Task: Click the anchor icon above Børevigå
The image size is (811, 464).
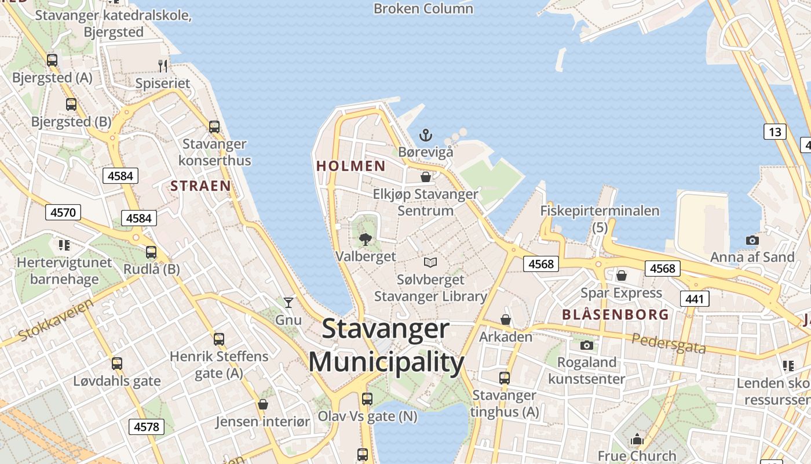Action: coord(426,135)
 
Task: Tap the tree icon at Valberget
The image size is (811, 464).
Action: coord(365,239)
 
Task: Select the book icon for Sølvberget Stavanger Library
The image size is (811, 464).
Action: coord(430,262)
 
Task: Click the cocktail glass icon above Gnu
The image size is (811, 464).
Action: coord(288,302)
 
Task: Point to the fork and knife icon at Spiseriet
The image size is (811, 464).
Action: coord(163,66)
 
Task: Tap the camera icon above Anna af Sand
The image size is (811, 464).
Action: coord(752,240)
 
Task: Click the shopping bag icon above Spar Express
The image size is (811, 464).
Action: coord(622,275)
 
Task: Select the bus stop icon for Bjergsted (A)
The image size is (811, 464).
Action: coord(52,60)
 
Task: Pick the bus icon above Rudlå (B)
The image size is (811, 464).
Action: coord(151,252)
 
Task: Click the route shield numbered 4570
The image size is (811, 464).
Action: coord(63,212)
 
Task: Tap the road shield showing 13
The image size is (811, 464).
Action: coord(775,132)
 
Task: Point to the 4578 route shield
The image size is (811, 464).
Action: coord(146,427)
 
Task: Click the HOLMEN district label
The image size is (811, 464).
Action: coord(351,166)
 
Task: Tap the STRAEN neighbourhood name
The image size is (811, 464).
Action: coord(200,186)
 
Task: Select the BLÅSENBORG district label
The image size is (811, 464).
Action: coord(615,315)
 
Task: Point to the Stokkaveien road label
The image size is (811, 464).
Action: coord(56,320)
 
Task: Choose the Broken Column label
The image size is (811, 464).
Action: coord(423,9)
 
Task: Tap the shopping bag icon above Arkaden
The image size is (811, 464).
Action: coord(506,320)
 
